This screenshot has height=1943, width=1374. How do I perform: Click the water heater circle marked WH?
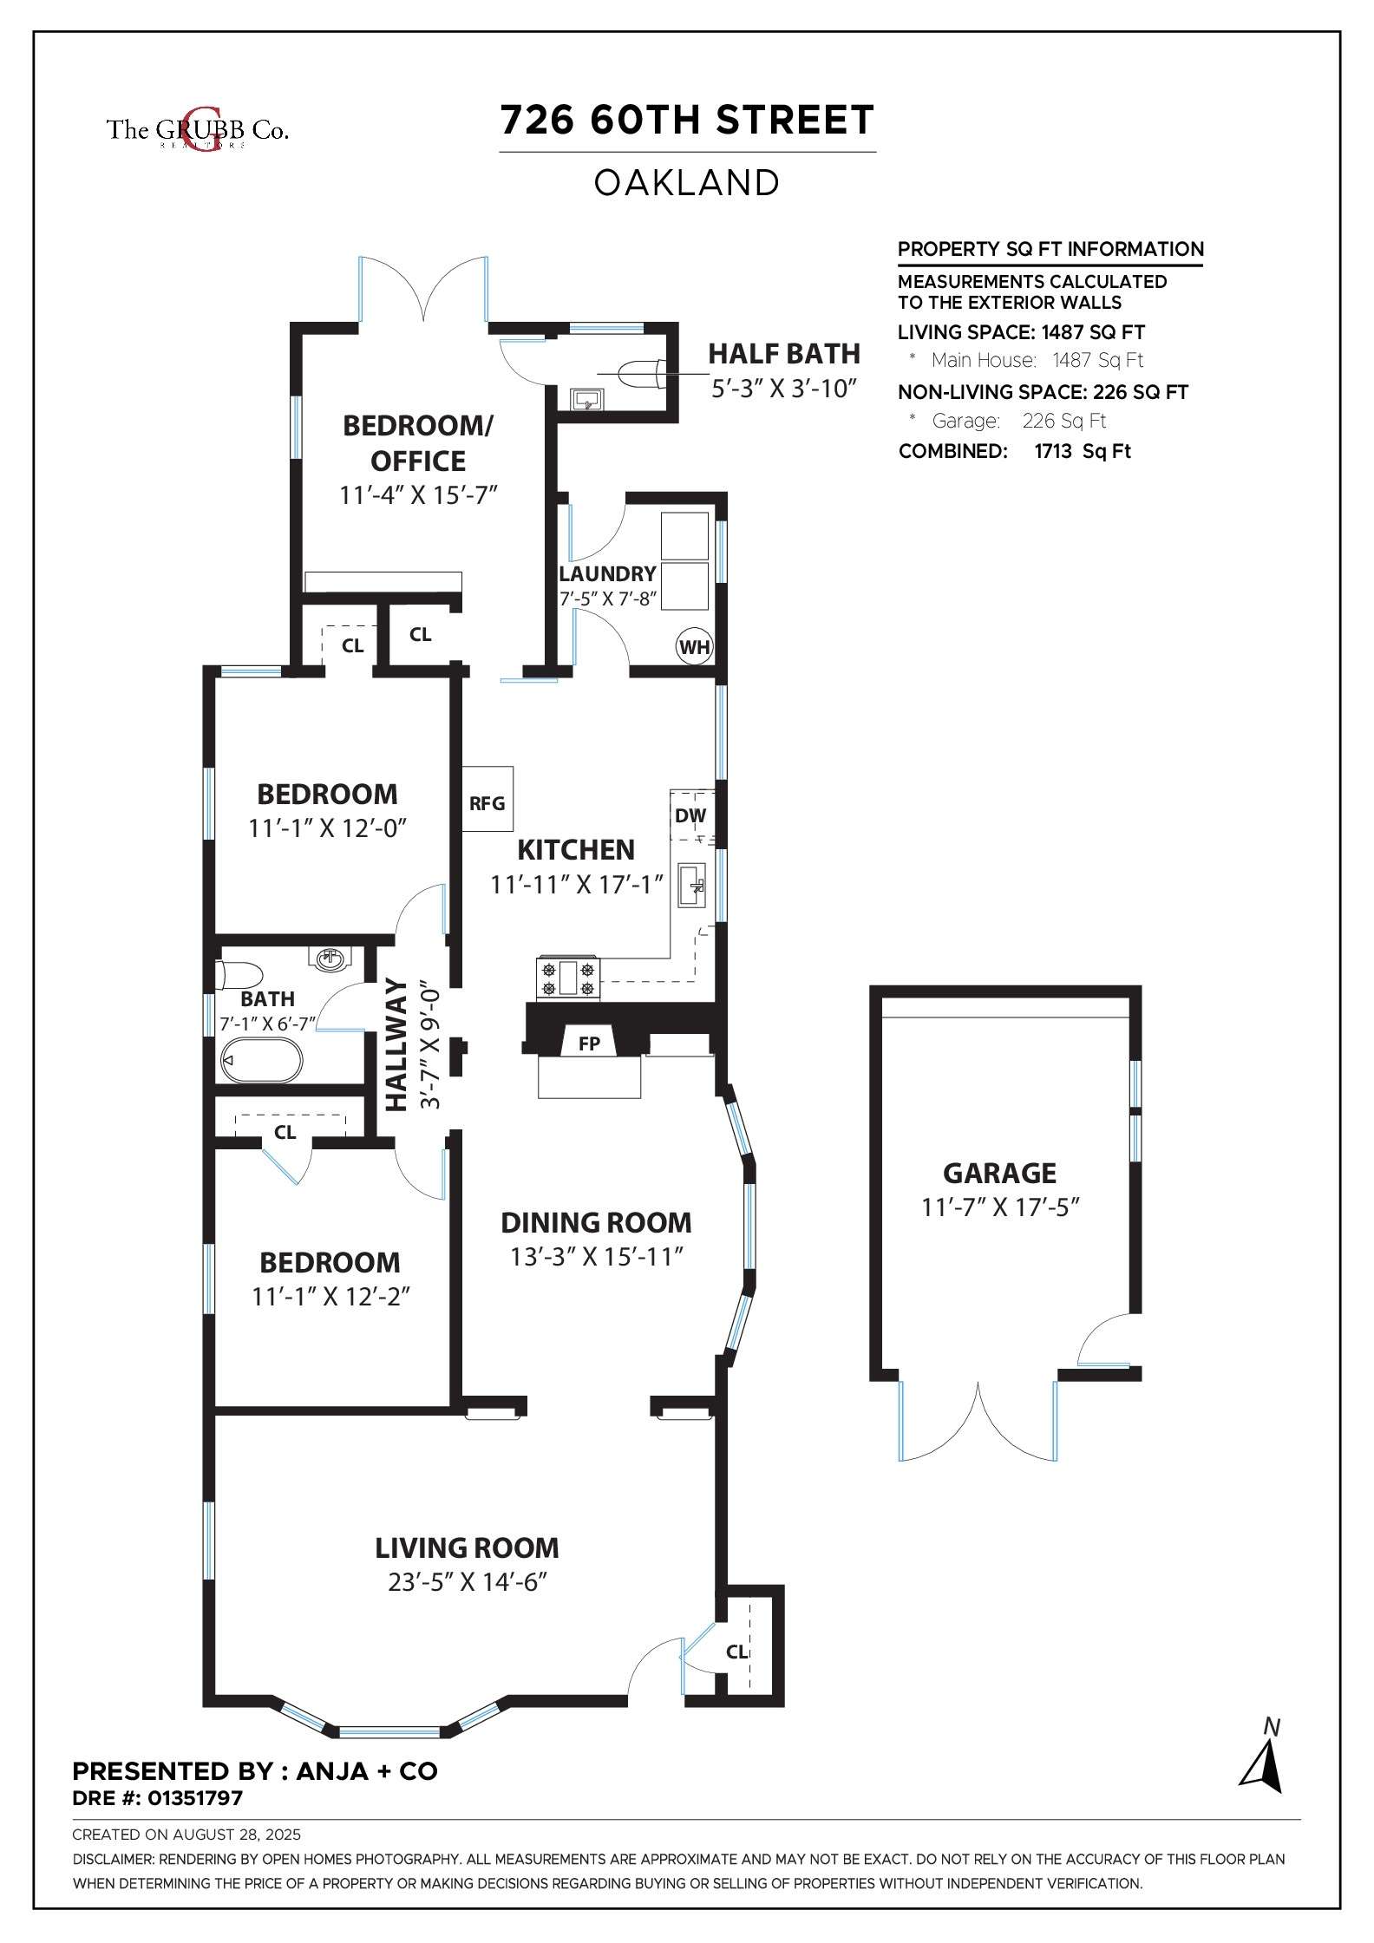tap(694, 646)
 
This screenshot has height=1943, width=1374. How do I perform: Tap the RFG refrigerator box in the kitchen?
tap(487, 799)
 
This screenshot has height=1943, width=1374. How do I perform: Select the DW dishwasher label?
tap(690, 815)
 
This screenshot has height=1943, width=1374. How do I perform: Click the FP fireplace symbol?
tap(589, 1043)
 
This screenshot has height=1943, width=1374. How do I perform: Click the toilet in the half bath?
tap(642, 374)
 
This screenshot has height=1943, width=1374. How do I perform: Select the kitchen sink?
tap(692, 885)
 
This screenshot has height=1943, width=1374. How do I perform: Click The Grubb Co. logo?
tap(197, 130)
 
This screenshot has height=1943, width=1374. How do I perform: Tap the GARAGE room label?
tap(999, 1173)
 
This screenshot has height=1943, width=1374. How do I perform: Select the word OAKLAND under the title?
tap(687, 183)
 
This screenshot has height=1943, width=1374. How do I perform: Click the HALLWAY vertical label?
tap(396, 1044)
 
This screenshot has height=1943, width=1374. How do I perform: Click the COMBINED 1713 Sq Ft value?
tap(1083, 451)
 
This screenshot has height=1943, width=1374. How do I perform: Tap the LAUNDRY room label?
tap(607, 573)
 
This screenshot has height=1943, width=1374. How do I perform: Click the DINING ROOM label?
tap(597, 1222)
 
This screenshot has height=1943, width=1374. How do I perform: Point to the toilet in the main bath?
tap(242, 975)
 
